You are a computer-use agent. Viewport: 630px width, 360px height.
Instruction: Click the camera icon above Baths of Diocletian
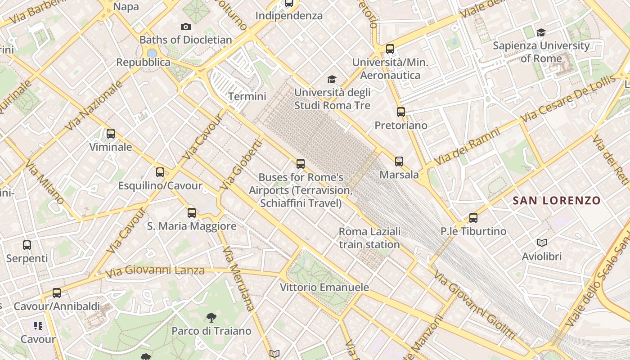point(185,27)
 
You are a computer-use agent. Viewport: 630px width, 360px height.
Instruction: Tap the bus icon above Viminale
point(110,134)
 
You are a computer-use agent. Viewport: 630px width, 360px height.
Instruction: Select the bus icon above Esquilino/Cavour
point(160,172)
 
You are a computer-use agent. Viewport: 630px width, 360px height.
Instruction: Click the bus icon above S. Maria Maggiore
point(191,213)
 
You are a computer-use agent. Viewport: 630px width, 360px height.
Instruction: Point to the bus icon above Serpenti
point(27,245)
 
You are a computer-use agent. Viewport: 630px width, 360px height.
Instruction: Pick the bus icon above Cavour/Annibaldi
point(56,293)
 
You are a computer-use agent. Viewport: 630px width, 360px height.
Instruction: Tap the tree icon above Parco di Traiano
point(211,318)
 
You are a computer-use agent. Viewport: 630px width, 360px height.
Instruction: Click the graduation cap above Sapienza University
point(541,32)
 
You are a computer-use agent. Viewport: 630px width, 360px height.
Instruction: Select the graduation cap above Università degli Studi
point(332,80)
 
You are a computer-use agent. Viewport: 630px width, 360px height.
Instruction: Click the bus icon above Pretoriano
point(400,112)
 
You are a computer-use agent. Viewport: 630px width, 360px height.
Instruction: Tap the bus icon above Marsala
point(399,162)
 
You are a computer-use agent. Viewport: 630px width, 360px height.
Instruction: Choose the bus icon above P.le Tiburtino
point(473,218)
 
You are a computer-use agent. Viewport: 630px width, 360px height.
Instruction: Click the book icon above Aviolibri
point(542,243)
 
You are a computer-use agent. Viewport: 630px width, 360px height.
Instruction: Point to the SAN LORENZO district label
point(557,200)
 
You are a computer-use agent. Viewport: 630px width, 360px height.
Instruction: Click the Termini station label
point(247,96)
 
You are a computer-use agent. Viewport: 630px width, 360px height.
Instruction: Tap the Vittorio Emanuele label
point(324,287)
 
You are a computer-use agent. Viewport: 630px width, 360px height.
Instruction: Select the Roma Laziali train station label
point(369,238)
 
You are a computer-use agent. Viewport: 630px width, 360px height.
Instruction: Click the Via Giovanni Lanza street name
point(155,271)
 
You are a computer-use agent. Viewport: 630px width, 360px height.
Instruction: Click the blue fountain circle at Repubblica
point(152,53)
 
